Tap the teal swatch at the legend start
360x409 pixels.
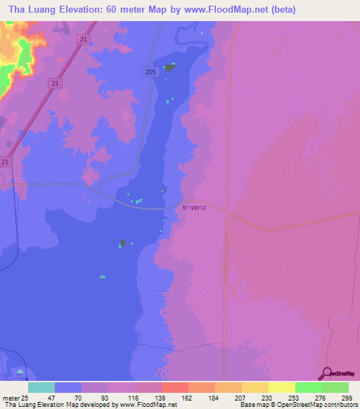pyautogui.click(x=41, y=387)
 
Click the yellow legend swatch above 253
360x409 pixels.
pyautogui.click(x=281, y=387)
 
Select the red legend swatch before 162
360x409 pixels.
pyautogui.click(x=174, y=387)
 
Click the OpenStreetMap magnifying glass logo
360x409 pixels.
pyautogui.click(x=325, y=373)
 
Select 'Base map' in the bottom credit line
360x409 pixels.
pyautogui.click(x=252, y=405)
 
